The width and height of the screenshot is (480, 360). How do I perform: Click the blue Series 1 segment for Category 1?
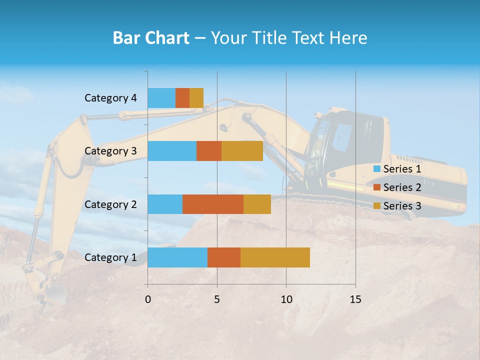(x=177, y=257)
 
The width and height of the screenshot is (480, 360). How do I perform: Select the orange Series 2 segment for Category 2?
(x=213, y=204)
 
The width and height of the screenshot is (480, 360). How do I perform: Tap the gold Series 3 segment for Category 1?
(x=275, y=257)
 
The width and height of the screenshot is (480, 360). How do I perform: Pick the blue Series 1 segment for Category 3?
(x=172, y=151)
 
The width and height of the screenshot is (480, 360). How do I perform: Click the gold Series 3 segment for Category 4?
(x=196, y=98)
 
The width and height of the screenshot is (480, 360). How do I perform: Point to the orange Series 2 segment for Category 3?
(x=209, y=151)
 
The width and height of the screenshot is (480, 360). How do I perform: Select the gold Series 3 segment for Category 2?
(x=257, y=204)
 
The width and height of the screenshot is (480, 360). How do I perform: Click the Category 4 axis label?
(x=110, y=98)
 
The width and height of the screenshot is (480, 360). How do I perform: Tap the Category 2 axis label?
(x=110, y=204)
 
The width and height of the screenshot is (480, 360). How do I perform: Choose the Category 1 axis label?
(x=110, y=257)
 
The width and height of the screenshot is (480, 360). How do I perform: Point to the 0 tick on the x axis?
(x=148, y=299)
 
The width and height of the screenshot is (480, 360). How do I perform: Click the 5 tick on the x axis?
(x=217, y=299)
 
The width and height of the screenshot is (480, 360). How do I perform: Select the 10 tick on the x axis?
(x=286, y=299)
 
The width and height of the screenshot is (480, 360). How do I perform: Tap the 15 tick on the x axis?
(x=355, y=299)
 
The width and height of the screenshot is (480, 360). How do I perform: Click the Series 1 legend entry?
(x=397, y=169)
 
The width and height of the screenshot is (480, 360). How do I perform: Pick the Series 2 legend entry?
(x=397, y=187)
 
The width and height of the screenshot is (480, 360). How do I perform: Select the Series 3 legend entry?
(x=397, y=206)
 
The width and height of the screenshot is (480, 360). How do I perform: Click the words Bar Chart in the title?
(x=151, y=38)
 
